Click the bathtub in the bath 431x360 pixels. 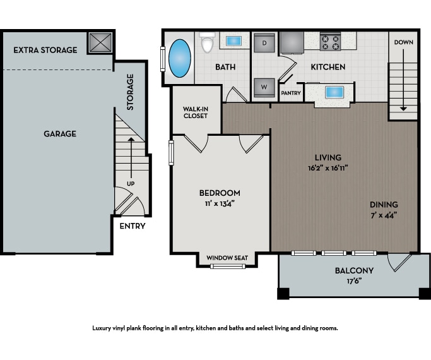click(180, 57)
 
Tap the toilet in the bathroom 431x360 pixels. click(207, 43)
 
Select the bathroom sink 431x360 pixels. click(233, 41)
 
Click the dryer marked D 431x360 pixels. click(264, 44)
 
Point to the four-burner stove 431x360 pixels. click(330, 42)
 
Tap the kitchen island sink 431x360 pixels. click(333, 92)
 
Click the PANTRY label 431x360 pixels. click(290, 93)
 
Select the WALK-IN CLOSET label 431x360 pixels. click(196, 112)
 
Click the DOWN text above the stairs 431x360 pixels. click(403, 42)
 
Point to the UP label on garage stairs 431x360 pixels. click(131, 183)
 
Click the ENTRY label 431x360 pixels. click(133, 226)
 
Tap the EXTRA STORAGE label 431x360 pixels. click(45, 50)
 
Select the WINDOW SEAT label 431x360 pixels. click(228, 258)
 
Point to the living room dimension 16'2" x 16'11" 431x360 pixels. click(328, 169)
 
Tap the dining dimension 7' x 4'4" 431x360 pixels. click(384, 215)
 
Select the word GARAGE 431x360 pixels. click(60, 134)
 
